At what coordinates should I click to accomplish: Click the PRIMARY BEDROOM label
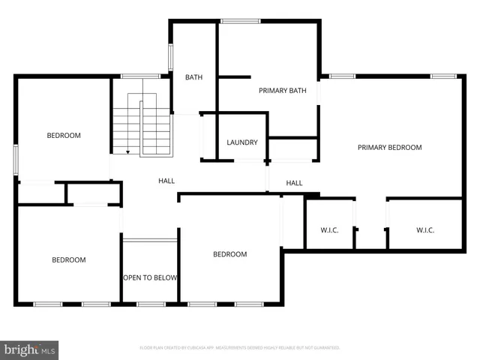click(389, 148)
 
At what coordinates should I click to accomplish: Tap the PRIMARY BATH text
click(283, 91)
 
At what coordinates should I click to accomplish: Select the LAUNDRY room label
click(242, 142)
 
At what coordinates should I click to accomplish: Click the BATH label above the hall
click(194, 77)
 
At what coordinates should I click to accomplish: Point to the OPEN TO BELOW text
click(150, 277)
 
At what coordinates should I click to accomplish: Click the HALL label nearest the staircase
click(166, 181)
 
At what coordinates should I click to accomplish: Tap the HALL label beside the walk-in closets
click(294, 183)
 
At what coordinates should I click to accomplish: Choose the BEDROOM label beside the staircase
click(64, 136)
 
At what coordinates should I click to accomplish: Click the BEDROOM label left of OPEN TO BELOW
click(68, 260)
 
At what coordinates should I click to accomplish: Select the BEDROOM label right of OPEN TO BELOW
click(230, 254)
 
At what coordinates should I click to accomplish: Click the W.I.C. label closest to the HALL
click(330, 230)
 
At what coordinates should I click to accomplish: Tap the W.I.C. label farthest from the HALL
click(425, 230)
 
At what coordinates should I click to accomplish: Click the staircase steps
click(142, 127)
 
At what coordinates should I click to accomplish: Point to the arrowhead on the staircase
click(127, 152)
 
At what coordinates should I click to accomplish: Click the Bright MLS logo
click(30, 349)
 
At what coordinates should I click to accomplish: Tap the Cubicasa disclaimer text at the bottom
click(240, 348)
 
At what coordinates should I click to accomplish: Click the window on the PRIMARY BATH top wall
click(240, 21)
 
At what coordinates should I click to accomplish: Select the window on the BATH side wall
click(171, 58)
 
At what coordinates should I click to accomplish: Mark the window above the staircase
click(140, 76)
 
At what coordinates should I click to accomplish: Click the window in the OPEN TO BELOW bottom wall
click(151, 304)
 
